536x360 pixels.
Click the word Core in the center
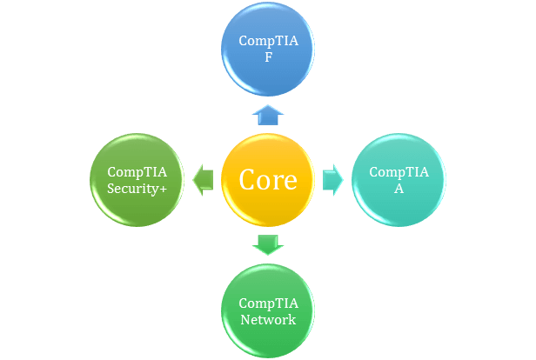(268, 180)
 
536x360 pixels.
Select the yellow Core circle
(268, 209)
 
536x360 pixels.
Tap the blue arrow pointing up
(268, 114)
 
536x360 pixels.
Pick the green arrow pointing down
(268, 243)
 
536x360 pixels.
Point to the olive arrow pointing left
(203, 179)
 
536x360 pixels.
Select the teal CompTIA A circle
(399, 200)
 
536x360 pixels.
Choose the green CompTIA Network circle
(268, 335)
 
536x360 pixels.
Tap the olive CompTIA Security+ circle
(137, 204)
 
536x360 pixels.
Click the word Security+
(137, 188)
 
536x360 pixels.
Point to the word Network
(268, 319)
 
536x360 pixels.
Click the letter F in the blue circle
(268, 57)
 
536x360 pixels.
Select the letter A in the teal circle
(399, 188)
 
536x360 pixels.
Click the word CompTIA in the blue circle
(268, 41)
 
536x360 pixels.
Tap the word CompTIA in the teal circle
(399, 171)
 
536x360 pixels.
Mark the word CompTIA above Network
(268, 303)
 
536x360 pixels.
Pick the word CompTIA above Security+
(137, 171)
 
